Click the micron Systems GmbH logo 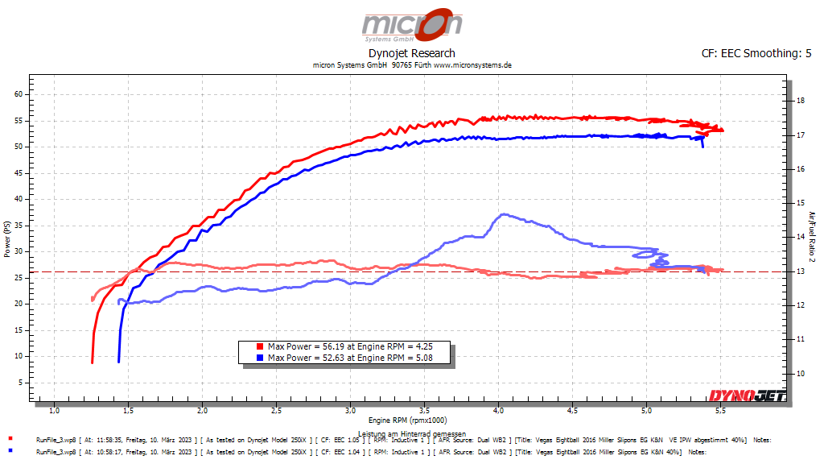pyautogui.click(x=412, y=25)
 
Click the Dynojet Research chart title pyautogui.click(x=412, y=54)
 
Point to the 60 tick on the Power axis pyautogui.click(x=19, y=94)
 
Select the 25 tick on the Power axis pyautogui.click(x=19, y=277)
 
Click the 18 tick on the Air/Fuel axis pyautogui.click(x=800, y=101)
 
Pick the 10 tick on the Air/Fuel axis pyautogui.click(x=800, y=374)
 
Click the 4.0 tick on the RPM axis pyautogui.click(x=498, y=410)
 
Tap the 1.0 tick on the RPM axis pyautogui.click(x=54, y=410)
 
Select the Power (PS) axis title pyautogui.click(x=7, y=240)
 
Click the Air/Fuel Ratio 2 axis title pyautogui.click(x=812, y=236)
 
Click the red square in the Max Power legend pyautogui.click(x=260, y=346)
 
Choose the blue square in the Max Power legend pyautogui.click(x=260, y=357)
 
